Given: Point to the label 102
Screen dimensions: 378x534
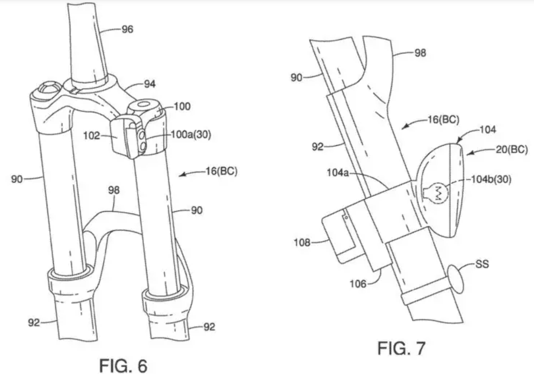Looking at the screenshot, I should pos(95,136).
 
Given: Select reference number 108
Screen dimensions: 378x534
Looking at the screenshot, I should pos(301,243).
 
